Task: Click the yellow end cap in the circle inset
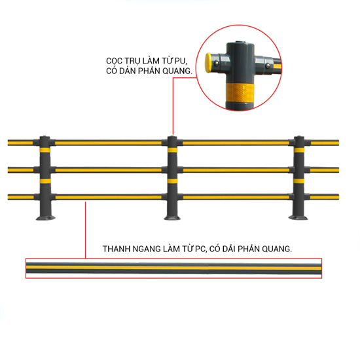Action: point(208,63)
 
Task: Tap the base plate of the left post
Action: point(45,218)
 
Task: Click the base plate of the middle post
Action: point(172,217)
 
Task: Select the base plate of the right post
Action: point(298,217)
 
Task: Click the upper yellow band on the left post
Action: point(45,151)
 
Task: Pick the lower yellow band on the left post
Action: point(45,181)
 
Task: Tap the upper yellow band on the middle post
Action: point(172,150)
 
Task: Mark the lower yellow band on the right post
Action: point(298,181)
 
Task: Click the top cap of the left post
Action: point(45,137)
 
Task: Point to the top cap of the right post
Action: point(299,137)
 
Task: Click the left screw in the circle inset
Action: point(216,63)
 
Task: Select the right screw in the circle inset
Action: point(268,66)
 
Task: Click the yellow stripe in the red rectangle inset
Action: point(173,268)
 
